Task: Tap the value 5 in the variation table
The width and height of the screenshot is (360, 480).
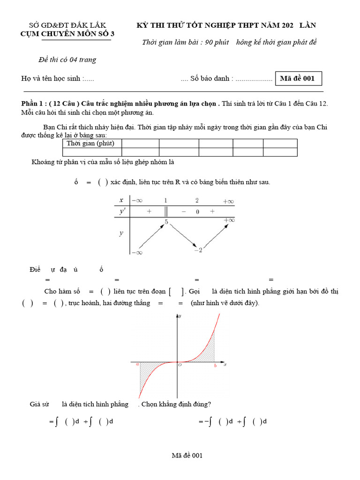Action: (x=166, y=222)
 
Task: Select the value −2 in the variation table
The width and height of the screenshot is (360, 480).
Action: (x=198, y=250)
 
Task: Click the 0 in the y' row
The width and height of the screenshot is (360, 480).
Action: (x=197, y=212)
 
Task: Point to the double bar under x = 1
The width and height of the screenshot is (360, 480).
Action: (x=165, y=212)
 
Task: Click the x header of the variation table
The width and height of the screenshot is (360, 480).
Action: (x=121, y=200)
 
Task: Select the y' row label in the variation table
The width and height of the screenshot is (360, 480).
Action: (x=122, y=212)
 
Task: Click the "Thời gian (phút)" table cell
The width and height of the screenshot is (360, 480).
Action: (x=92, y=143)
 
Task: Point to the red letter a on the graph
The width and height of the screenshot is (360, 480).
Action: (x=137, y=364)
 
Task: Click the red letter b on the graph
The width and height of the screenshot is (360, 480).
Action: (x=215, y=366)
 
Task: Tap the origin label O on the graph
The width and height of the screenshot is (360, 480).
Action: (x=180, y=366)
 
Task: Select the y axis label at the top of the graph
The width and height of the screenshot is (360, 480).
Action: (x=180, y=317)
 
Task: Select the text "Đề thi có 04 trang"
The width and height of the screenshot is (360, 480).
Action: (x=67, y=60)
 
